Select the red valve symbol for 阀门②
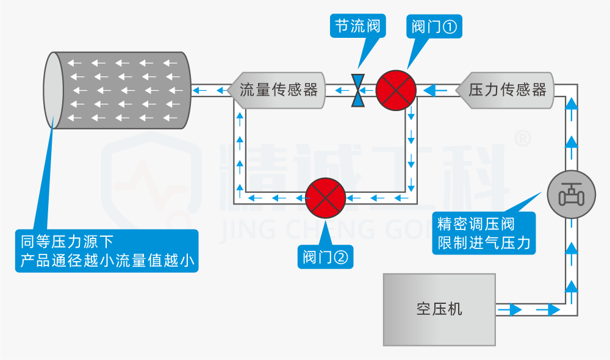[325, 198]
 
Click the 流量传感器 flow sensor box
[278, 91]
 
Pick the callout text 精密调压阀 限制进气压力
[484, 233]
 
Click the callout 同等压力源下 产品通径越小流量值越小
[107, 251]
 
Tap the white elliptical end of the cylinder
[54, 90]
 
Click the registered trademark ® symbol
[523, 139]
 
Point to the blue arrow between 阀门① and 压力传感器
[436, 91]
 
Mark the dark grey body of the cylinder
[128, 90]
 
